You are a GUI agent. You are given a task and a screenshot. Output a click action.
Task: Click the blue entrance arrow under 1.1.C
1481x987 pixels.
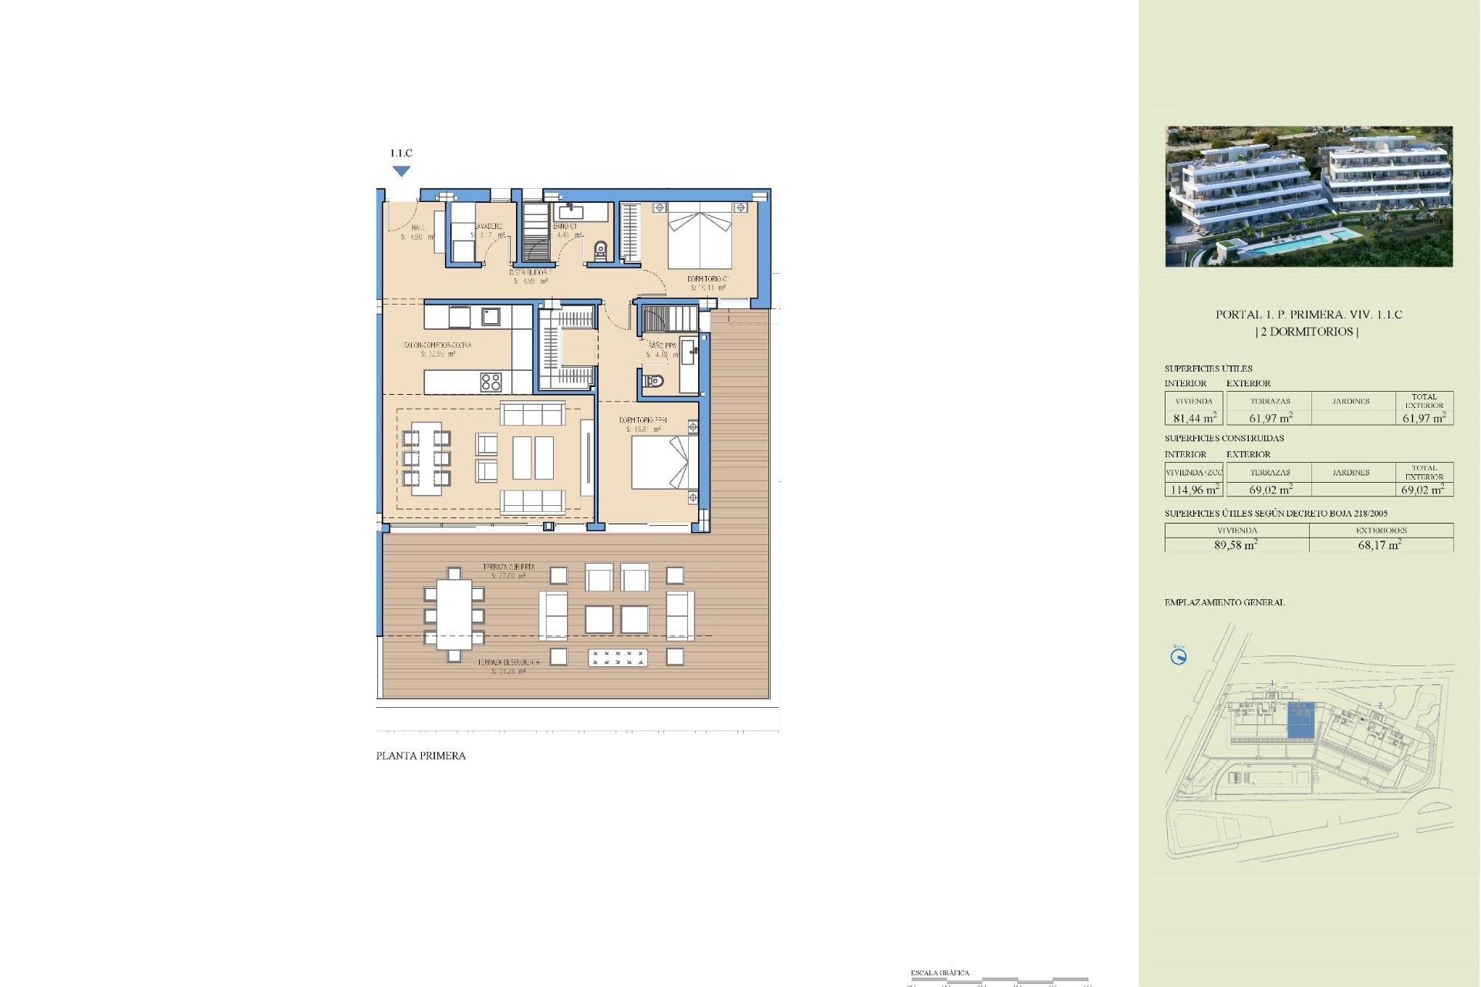[x=401, y=171]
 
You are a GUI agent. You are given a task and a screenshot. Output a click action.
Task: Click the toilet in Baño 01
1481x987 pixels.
[x=601, y=250]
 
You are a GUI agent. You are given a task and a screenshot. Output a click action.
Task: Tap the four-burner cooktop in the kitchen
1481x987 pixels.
[x=491, y=382]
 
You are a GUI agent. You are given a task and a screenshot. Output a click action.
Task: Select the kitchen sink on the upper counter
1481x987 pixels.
[x=491, y=316]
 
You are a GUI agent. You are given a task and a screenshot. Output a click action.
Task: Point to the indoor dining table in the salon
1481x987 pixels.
[x=426, y=458]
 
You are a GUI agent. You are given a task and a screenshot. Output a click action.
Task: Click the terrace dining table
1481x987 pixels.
[x=454, y=615]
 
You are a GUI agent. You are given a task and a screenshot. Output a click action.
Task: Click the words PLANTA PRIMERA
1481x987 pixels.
[x=420, y=756]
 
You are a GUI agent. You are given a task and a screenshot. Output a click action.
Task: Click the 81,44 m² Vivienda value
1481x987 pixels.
[x=1194, y=418]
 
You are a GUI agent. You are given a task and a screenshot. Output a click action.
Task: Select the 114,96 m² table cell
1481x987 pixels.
[x=1194, y=490]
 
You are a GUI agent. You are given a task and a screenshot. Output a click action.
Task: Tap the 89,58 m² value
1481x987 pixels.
[x=1236, y=544]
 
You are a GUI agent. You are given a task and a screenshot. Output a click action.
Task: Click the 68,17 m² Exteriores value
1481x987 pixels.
[x=1380, y=544]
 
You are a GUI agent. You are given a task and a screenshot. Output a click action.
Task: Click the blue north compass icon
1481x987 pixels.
[x=1179, y=657]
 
